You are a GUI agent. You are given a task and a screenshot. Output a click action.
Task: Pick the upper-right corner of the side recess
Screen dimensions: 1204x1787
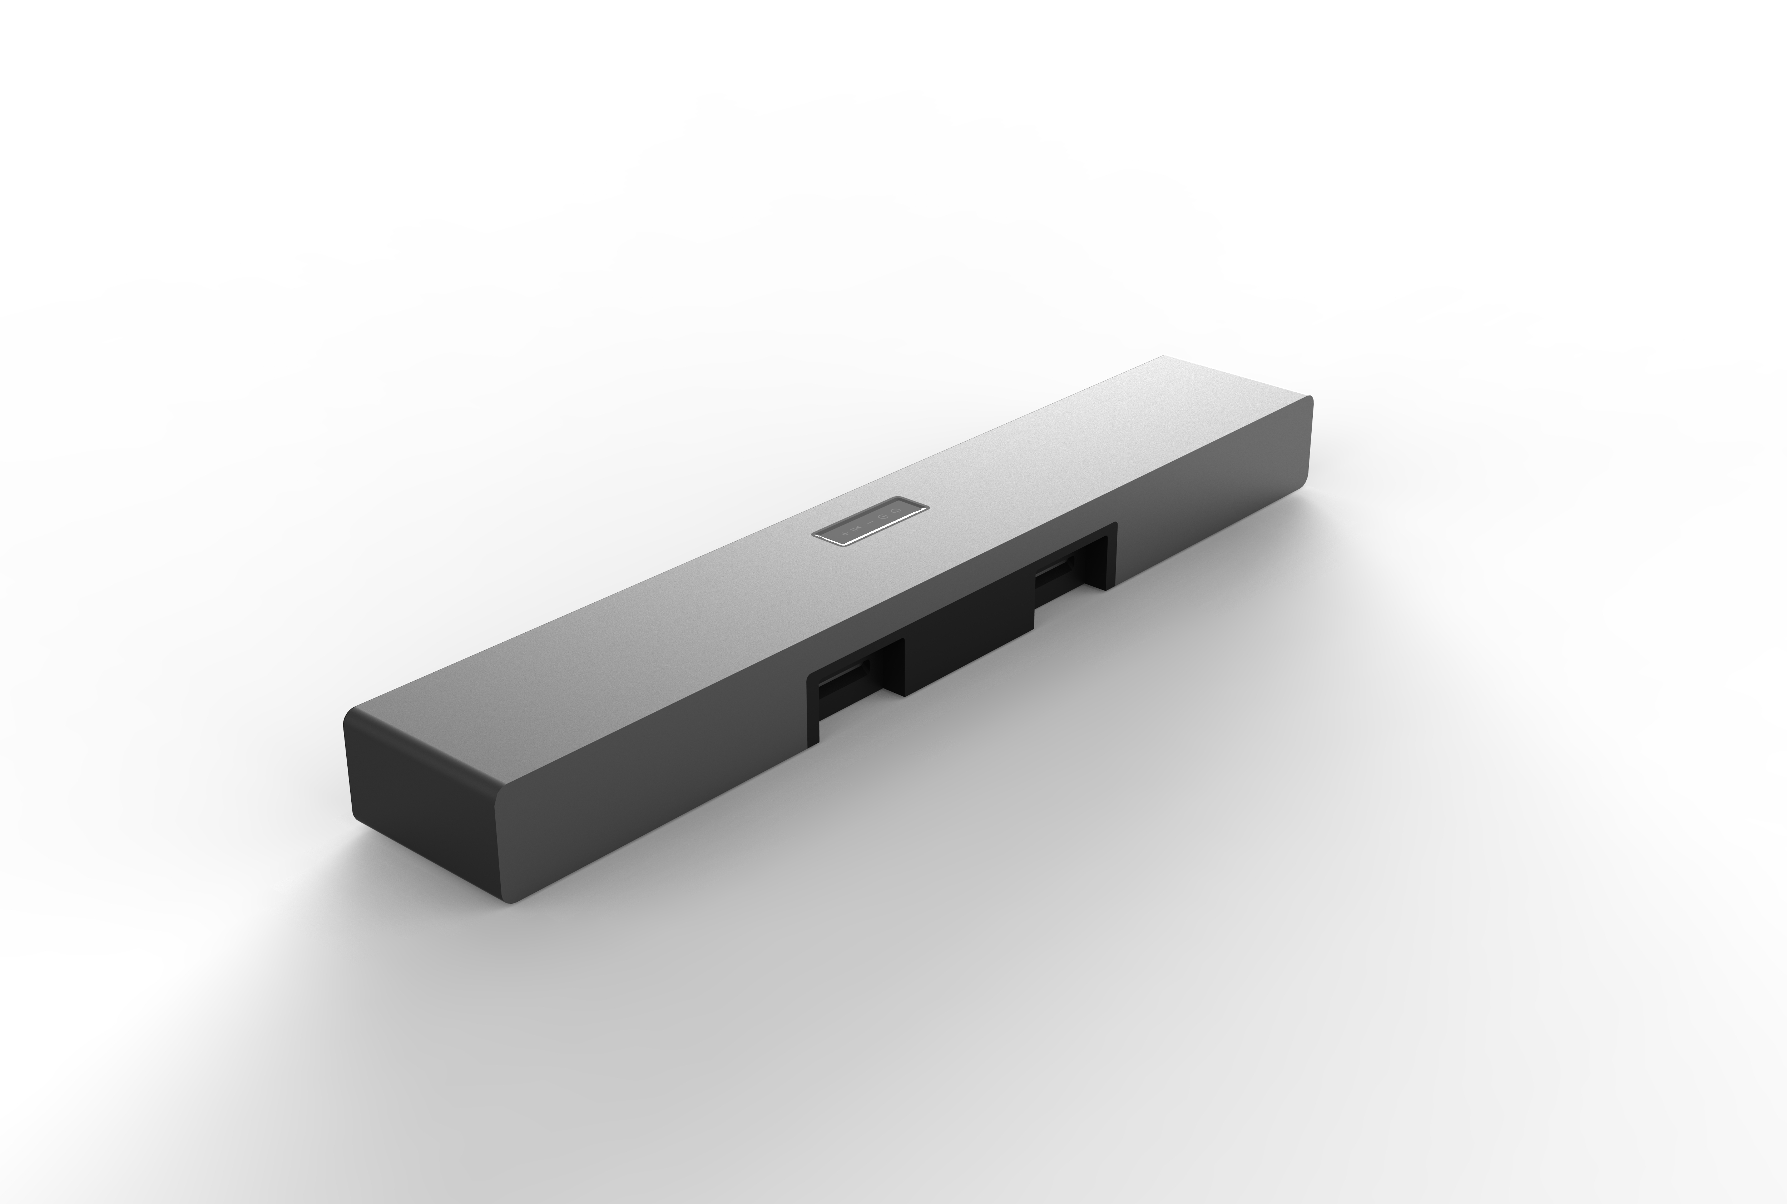click(1115, 524)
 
